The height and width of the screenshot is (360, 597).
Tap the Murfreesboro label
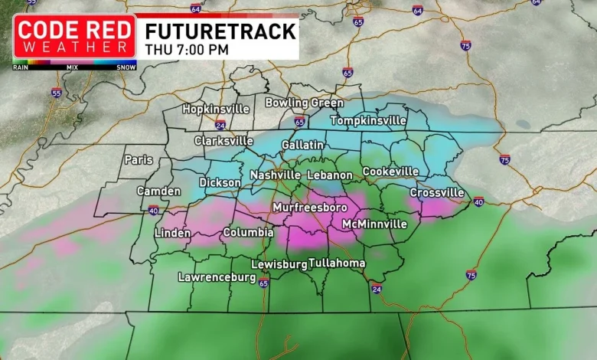click(310, 208)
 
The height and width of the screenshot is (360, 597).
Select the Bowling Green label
click(304, 103)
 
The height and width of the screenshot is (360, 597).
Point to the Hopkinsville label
click(216, 110)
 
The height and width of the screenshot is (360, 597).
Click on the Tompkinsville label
click(367, 121)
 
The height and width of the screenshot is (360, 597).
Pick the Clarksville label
click(223, 141)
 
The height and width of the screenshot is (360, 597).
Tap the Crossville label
click(437, 192)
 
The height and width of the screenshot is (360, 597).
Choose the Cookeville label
click(390, 172)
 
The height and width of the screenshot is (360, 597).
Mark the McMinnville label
click(374, 224)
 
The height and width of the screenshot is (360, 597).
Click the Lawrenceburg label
click(217, 277)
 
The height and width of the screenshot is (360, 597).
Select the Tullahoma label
click(337, 263)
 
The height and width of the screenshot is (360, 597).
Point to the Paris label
click(139, 160)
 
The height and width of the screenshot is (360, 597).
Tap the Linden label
click(172, 233)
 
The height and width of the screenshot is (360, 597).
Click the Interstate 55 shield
click(56, 93)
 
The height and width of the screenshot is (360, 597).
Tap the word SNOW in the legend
click(126, 67)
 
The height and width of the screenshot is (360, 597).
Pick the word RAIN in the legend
click(21, 67)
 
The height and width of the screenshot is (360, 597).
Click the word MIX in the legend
click(73, 67)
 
